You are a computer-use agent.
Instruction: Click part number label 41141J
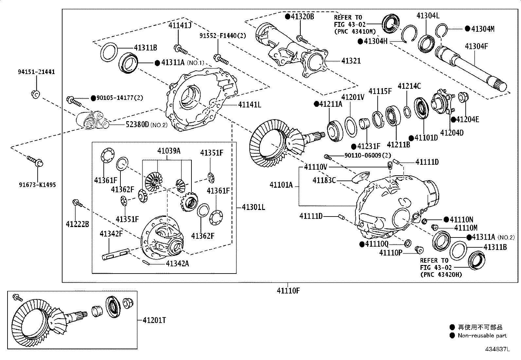pyautogui.click(x=180, y=25)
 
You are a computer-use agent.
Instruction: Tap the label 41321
pyautogui.click(x=351, y=61)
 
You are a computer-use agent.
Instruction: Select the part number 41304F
pyautogui.click(x=476, y=46)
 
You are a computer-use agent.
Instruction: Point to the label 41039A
pyautogui.click(x=169, y=151)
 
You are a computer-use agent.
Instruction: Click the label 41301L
pyautogui.click(x=254, y=207)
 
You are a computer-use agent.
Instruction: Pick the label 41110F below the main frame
pyautogui.click(x=288, y=290)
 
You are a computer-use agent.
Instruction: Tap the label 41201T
pyautogui.click(x=154, y=320)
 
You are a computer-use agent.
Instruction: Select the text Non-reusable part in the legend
pyautogui.click(x=482, y=335)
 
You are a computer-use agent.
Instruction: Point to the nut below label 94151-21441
pyautogui.click(x=36, y=94)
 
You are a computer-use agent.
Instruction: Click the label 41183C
pyautogui.click(x=324, y=180)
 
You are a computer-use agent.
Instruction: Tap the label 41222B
pyautogui.click(x=77, y=224)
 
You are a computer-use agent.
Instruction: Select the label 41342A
pyautogui.click(x=177, y=263)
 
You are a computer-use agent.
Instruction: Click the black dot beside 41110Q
pyautogui.click(x=362, y=244)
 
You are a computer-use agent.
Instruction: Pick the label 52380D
pyautogui.click(x=137, y=124)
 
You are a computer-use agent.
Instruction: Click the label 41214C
pyautogui.click(x=409, y=86)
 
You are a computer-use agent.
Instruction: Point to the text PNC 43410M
pyautogui.click(x=355, y=31)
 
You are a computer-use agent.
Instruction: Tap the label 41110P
pyautogui.click(x=391, y=253)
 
